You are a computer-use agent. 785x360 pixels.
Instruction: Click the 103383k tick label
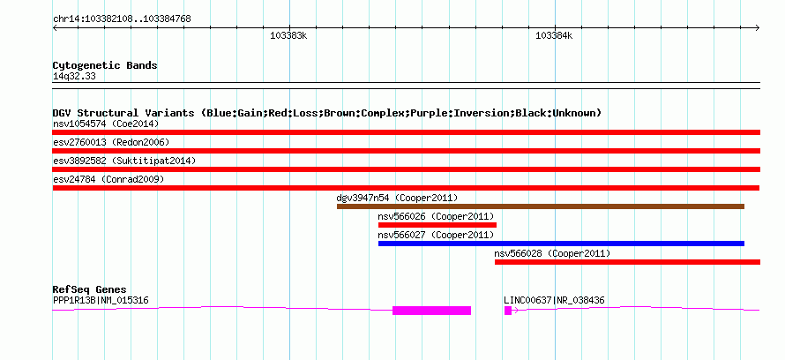(288, 35)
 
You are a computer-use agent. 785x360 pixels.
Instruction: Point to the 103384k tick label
(554, 35)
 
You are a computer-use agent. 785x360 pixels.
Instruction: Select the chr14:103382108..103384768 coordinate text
(122, 19)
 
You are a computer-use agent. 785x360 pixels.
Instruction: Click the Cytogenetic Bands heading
(105, 65)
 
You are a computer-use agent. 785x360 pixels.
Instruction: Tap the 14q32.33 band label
(74, 77)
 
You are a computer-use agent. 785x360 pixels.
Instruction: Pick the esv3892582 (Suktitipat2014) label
(124, 161)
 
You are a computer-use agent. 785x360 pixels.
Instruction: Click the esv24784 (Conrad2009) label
(108, 179)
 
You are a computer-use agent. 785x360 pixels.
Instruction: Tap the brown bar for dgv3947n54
(541, 206)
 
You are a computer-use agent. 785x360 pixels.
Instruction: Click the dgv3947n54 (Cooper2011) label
(397, 198)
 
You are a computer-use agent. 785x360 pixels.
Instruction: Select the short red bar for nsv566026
(437, 225)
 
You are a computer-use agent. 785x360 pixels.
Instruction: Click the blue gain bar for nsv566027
(561, 244)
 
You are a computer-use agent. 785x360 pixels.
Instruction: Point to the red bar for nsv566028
(627, 262)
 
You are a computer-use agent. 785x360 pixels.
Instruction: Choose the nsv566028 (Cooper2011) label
(552, 253)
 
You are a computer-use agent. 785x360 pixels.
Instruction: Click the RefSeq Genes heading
(90, 289)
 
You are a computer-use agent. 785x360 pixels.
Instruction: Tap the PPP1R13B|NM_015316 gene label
(101, 300)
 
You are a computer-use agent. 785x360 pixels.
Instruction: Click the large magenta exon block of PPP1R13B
(431, 311)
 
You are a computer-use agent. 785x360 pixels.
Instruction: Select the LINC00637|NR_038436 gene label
(554, 300)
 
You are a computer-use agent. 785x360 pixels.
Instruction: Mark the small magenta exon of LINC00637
(508, 311)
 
